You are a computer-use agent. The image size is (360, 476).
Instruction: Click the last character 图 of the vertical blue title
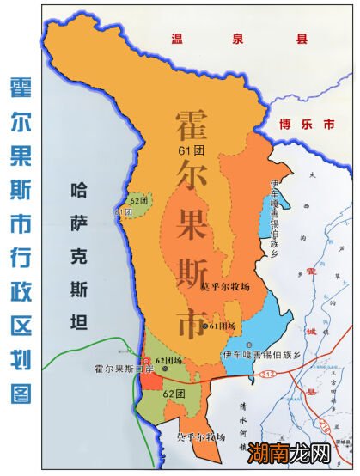point(23,394)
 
